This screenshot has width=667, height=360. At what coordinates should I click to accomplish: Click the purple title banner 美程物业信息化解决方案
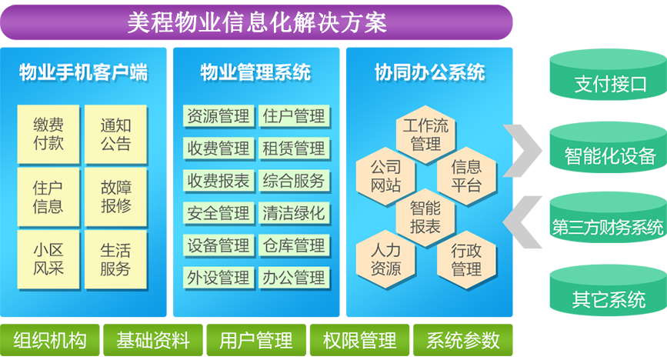click(256, 22)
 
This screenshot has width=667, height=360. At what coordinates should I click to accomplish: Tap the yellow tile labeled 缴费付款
click(48, 134)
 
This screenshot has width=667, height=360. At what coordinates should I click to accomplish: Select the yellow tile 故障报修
click(115, 197)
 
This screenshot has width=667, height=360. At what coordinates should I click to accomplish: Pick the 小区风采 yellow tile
click(48, 259)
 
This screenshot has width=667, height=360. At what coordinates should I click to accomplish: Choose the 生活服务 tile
click(115, 259)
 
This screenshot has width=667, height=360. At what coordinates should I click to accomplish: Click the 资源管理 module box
click(218, 115)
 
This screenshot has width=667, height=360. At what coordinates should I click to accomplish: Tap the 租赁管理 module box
click(294, 148)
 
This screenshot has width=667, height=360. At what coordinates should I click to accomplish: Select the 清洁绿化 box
click(294, 213)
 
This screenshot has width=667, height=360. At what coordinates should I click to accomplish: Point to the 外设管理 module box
click(218, 278)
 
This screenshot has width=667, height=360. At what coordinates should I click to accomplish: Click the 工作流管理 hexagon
click(425, 135)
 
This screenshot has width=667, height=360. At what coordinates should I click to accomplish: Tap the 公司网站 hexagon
click(385, 176)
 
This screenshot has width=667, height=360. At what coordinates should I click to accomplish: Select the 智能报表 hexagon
click(425, 218)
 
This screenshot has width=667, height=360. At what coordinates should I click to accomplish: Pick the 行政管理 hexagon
click(466, 259)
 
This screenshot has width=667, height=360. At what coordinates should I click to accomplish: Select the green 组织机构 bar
click(50, 340)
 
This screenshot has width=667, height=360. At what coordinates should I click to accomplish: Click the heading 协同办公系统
click(429, 72)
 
